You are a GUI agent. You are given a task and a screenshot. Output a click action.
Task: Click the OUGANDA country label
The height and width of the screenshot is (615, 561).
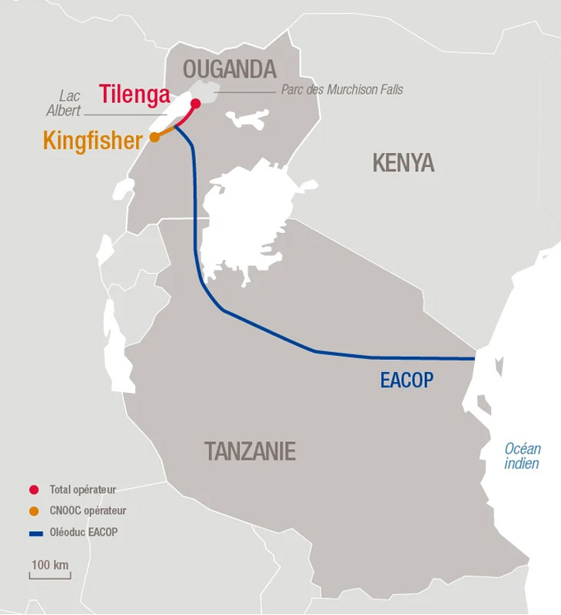pos(229,70)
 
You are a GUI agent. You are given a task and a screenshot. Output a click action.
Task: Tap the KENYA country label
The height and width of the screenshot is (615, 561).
pos(403,163)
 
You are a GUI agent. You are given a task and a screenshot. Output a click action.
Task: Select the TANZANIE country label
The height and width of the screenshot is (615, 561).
pos(250,451)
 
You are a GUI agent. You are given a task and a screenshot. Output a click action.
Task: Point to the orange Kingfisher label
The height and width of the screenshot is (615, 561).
pos(93,141)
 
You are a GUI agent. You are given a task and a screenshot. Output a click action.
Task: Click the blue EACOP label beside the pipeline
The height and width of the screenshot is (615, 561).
pos(407,379)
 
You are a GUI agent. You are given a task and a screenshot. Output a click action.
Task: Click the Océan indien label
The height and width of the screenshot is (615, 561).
pos(523,456)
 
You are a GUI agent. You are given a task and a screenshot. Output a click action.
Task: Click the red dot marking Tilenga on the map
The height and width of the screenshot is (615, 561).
pos(195,103)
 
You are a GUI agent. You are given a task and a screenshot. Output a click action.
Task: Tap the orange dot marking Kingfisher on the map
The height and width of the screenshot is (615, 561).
pos(154,137)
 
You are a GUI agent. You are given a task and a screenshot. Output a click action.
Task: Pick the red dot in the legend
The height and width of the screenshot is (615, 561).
pos(33,490)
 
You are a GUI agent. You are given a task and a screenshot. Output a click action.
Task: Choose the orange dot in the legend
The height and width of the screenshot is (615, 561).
pos(33,510)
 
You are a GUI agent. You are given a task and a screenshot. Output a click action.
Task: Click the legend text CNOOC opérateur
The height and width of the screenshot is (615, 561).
pos(88,510)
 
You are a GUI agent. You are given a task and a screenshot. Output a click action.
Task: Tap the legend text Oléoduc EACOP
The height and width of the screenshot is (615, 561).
pos(84,531)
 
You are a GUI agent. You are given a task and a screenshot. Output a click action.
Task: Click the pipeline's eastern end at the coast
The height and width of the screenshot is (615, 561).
pos(473,358)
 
